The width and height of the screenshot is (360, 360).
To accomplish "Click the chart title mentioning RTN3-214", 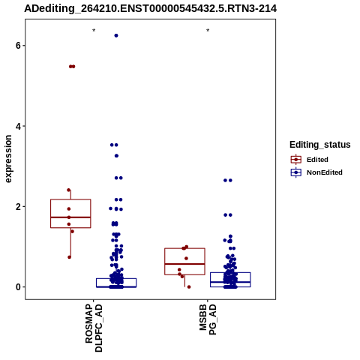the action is pyautogui.click(x=151, y=8).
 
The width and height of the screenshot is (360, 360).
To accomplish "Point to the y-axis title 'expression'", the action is pyautogui.click(x=8, y=159).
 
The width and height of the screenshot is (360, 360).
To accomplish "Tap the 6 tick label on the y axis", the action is pyautogui.click(x=18, y=46).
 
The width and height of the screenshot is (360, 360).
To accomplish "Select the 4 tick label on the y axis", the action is pyautogui.click(x=18, y=126).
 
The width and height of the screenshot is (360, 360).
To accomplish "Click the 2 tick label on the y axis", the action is pyautogui.click(x=18, y=207).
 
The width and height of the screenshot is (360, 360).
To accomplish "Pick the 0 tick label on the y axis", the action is pyautogui.click(x=18, y=287).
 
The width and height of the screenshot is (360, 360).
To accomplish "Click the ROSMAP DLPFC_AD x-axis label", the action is pyautogui.click(x=94, y=328).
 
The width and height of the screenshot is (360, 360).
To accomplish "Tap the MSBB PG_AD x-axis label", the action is pyautogui.click(x=208, y=319).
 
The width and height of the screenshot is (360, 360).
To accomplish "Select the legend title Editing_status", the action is pyautogui.click(x=320, y=145).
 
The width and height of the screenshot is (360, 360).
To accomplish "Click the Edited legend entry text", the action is pyautogui.click(x=317, y=160).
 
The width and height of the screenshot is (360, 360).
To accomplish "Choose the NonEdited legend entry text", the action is pyautogui.click(x=325, y=172).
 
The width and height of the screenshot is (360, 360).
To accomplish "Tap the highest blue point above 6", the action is pyautogui.click(x=116, y=35).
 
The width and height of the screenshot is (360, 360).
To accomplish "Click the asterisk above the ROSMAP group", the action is pyautogui.click(x=94, y=31).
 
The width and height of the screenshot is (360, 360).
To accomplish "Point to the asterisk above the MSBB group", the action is pyautogui.click(x=208, y=31).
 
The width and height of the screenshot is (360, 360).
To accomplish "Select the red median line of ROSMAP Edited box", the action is pyautogui.click(x=70, y=217).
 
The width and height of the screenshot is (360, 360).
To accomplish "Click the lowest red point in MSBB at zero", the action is pyautogui.click(x=189, y=287).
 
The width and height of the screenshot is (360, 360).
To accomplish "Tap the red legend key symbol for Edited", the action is pyautogui.click(x=296, y=160).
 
